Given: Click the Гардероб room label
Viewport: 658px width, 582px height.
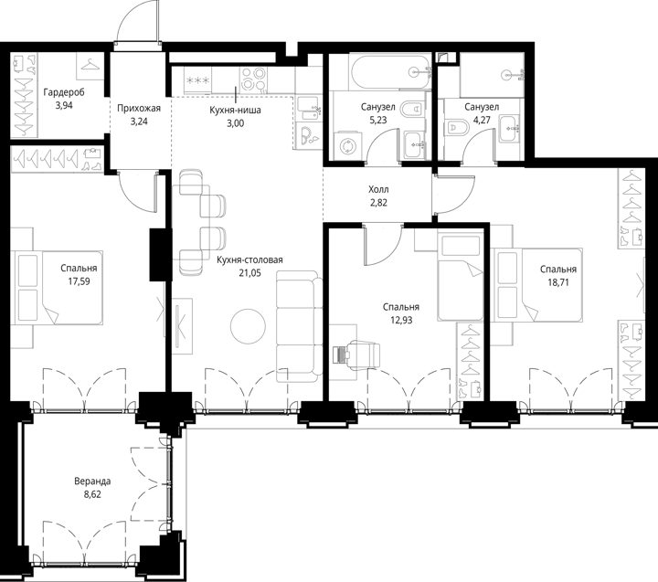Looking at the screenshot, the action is click(64, 92).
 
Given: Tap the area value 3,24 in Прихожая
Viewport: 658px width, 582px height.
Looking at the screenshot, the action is click(139, 122).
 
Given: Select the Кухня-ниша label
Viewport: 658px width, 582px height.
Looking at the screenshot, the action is click(235, 110).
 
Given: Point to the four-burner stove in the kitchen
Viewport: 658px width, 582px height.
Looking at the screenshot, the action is click(253, 79).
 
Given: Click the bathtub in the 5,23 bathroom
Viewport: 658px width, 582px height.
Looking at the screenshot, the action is click(390, 71).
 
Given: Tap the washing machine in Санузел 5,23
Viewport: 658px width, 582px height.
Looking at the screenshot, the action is click(347, 146).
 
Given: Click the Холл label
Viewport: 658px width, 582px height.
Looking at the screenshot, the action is click(378, 190).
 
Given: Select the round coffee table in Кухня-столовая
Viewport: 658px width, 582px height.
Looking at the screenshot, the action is click(248, 326).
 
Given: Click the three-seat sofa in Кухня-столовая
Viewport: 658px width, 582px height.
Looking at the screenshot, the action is click(299, 326).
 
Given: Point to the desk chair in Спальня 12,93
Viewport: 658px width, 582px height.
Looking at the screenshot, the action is click(363, 354).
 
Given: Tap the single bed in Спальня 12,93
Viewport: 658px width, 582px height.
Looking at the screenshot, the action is click(460, 276).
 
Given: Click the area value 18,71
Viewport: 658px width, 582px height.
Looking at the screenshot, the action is click(558, 282).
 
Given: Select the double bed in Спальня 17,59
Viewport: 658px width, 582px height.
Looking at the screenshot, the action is click(58, 288).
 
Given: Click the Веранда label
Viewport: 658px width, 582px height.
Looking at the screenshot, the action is click(92, 481).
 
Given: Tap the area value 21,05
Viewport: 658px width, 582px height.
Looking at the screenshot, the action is click(249, 273).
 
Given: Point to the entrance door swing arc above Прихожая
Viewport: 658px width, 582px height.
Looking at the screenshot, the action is click(125, 19).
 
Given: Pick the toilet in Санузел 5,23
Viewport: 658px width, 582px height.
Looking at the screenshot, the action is click(411, 109).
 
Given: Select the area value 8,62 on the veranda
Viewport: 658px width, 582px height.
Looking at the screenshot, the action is click(92, 494).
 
